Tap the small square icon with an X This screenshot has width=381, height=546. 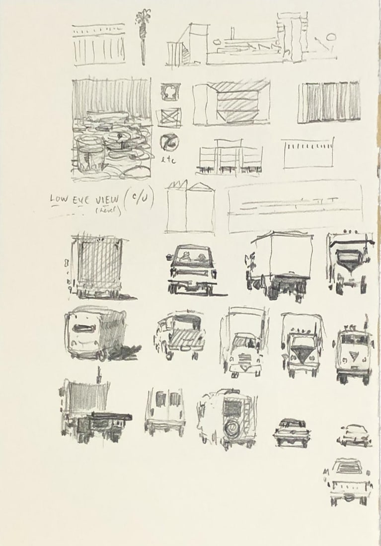point(170,118)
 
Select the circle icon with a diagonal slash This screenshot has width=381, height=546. point(169,143)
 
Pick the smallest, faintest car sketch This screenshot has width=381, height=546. point(354,435)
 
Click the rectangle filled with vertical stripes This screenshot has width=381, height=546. point(328,102)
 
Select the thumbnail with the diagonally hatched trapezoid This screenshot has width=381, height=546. point(231,103)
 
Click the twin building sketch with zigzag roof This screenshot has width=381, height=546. point(190,206)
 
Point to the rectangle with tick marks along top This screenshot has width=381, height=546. point(307,153)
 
